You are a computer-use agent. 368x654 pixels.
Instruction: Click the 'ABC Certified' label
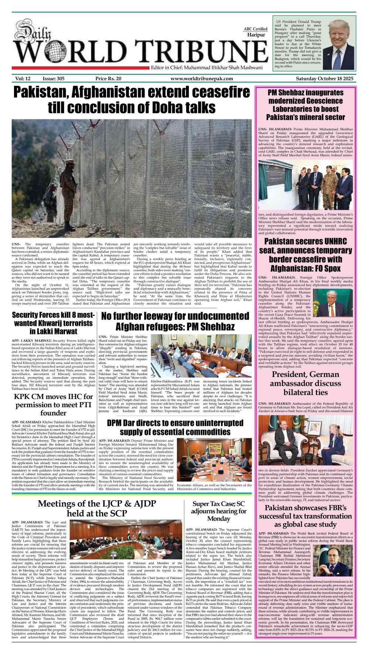click(255, 29)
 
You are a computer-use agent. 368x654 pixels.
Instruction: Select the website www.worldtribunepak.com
click(202, 79)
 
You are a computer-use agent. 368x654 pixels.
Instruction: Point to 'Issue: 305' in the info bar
click(54, 79)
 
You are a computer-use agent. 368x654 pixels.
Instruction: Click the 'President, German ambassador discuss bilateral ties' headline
click(305, 383)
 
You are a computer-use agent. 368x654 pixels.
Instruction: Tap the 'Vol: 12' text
click(23, 79)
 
